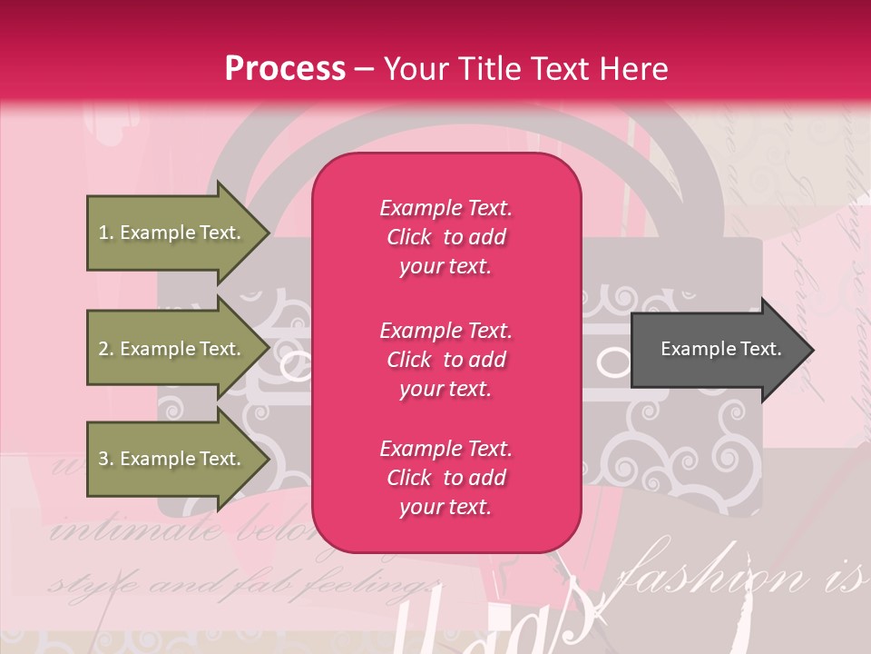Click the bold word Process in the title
point(285,69)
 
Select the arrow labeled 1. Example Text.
point(172,233)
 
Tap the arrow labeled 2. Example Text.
point(172,349)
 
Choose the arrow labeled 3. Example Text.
point(172,459)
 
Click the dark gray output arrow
point(717,350)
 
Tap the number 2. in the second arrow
point(105,349)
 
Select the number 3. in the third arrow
point(105,459)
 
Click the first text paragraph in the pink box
point(445,237)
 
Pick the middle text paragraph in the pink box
point(445,360)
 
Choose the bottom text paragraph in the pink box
point(445,478)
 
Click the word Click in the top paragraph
point(408,237)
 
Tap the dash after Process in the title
point(364,69)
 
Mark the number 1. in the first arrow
point(105,233)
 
